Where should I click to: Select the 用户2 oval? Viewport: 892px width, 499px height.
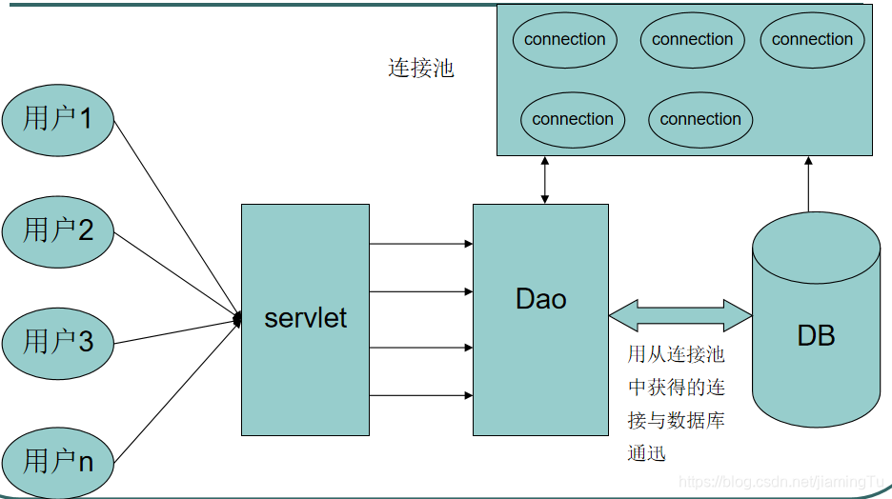point(58,230)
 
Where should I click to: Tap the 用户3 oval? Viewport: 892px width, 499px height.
point(58,341)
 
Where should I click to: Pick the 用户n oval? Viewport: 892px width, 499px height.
point(58,461)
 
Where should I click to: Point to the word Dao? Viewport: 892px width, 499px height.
point(540,299)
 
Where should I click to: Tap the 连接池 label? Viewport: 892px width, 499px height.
point(420,69)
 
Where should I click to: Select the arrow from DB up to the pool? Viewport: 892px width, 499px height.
point(808,184)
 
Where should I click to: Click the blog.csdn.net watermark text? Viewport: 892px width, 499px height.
point(781,483)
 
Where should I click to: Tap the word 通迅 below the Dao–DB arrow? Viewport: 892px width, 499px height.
point(646,453)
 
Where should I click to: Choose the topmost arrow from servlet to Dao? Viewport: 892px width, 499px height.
point(420,244)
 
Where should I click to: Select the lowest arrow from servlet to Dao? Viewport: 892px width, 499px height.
point(420,394)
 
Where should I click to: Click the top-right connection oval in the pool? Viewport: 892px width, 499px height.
point(812,40)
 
